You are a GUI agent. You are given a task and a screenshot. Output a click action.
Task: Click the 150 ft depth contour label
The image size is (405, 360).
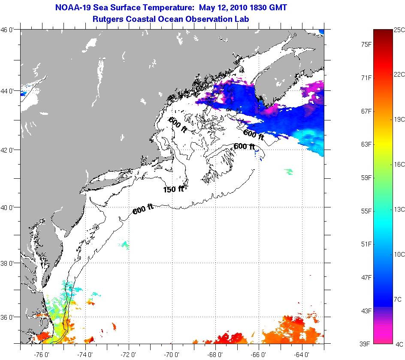173,189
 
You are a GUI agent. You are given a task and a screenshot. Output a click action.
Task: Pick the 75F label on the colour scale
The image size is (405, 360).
366,44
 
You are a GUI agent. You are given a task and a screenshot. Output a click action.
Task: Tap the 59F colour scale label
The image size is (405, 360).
366,177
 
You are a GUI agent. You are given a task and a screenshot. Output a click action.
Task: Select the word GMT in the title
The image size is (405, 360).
277,8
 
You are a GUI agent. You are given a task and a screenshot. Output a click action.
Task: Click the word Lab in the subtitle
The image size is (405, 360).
242,19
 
